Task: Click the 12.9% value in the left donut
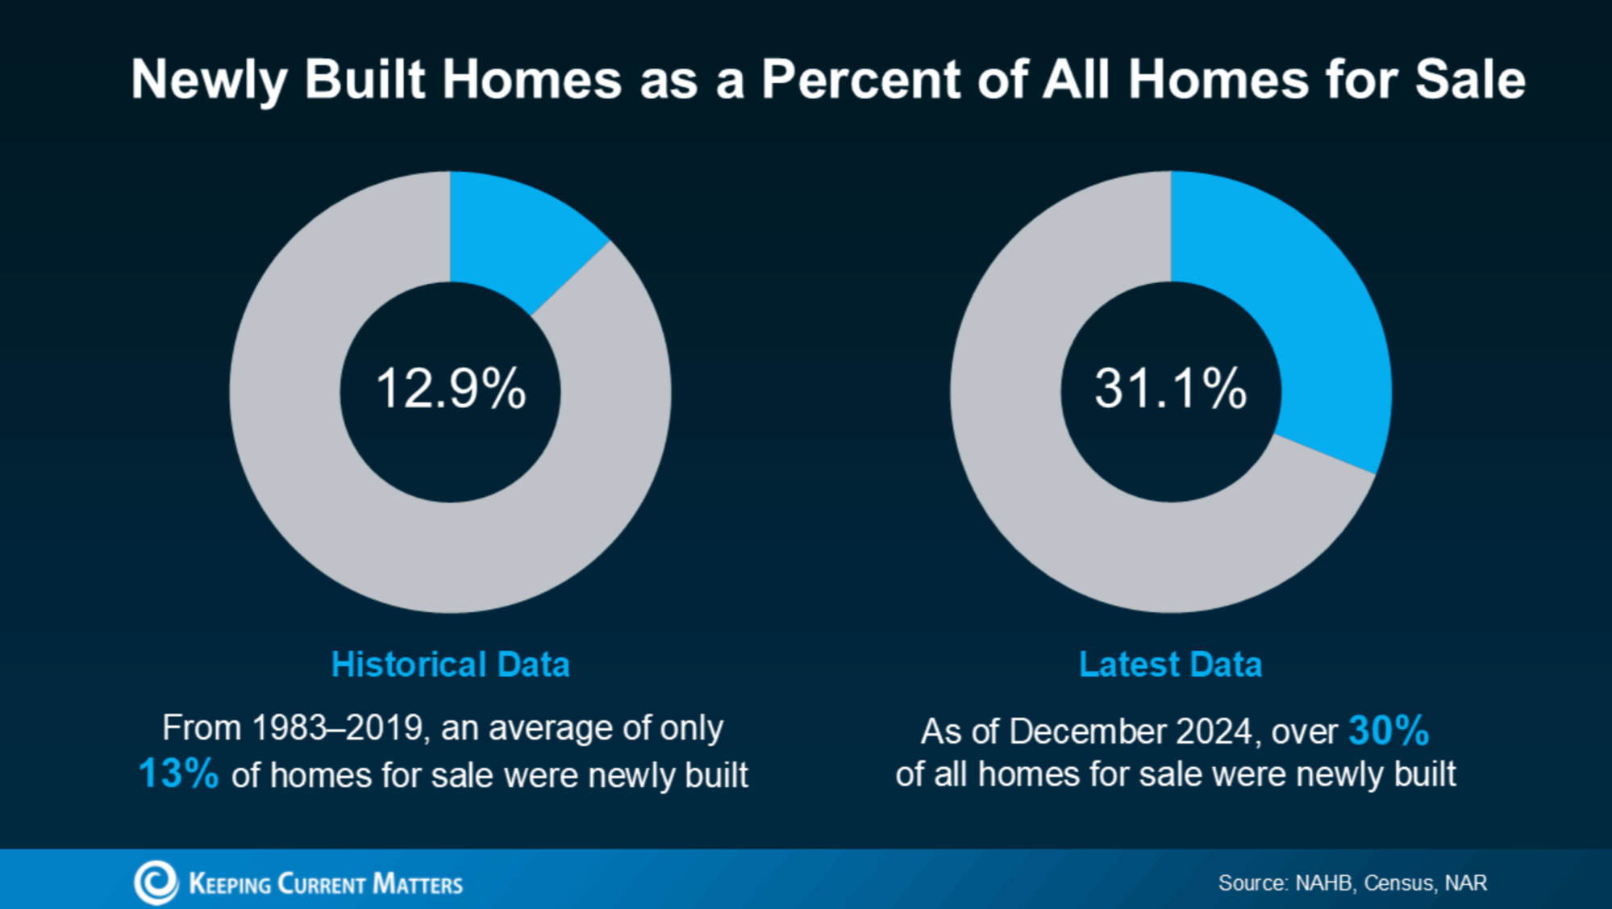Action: (451, 389)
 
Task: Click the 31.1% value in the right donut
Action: (1170, 389)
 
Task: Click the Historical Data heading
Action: (450, 665)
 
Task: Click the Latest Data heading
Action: (1170, 665)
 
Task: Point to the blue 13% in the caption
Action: (178, 773)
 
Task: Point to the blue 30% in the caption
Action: (1389, 731)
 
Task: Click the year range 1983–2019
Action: (338, 728)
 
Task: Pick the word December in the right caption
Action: (1088, 732)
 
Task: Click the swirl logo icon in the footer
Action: (156, 882)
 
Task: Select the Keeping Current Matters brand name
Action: (326, 884)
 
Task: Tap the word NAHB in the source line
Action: (1323, 883)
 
